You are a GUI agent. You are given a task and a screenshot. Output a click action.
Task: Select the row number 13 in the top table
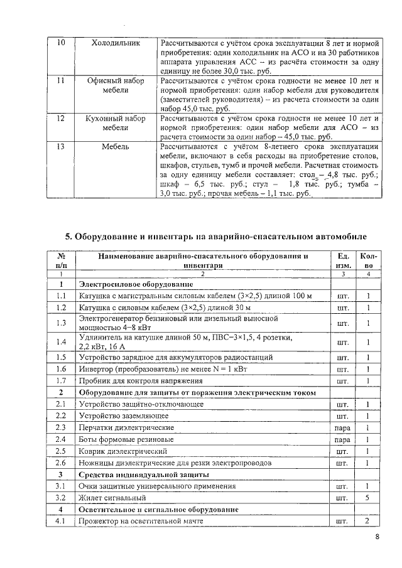click(x=61, y=147)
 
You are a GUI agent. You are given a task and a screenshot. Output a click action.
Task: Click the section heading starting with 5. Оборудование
click(x=216, y=237)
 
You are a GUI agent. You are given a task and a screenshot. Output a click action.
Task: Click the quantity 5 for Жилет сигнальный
click(x=367, y=498)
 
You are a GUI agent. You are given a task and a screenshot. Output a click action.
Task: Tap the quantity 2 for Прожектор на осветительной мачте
click(x=367, y=521)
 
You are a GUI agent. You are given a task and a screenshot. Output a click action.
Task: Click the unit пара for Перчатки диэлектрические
click(x=343, y=427)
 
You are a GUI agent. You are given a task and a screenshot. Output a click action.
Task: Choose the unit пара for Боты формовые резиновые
click(x=343, y=439)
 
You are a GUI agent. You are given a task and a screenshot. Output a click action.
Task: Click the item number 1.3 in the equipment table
click(x=62, y=323)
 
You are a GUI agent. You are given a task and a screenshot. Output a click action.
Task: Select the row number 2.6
click(x=62, y=463)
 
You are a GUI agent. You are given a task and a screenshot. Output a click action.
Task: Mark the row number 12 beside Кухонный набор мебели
click(x=61, y=118)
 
